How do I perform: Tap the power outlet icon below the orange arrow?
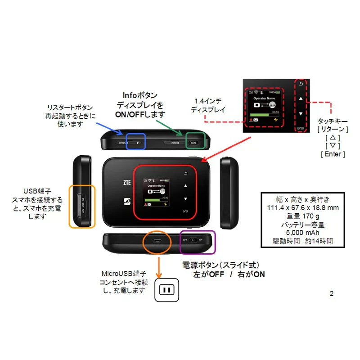click(x=166, y=289)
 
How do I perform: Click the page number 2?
click(x=332, y=294)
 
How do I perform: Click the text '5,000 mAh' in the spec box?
click(x=302, y=233)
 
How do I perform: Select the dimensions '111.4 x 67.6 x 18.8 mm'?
click(x=302, y=207)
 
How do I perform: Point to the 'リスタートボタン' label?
click(x=70, y=108)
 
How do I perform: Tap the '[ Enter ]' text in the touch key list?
click(x=333, y=154)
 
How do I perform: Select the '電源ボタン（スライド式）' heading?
click(x=220, y=265)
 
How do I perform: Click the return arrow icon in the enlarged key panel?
click(x=301, y=85)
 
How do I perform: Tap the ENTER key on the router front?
click(x=185, y=211)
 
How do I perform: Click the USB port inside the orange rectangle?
click(x=83, y=205)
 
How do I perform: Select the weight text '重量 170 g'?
click(x=302, y=216)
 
